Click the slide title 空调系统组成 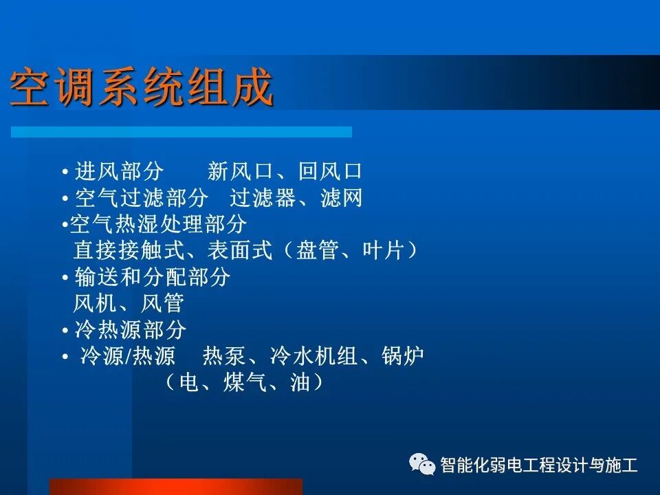point(142,88)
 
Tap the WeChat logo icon point(422,465)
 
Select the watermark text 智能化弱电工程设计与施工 point(539,465)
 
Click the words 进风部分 point(120,171)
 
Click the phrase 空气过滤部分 point(142,199)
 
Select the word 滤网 point(341,199)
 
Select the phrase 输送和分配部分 point(153,277)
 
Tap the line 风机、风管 point(129,303)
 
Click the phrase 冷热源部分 point(131,330)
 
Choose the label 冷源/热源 point(129,357)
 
